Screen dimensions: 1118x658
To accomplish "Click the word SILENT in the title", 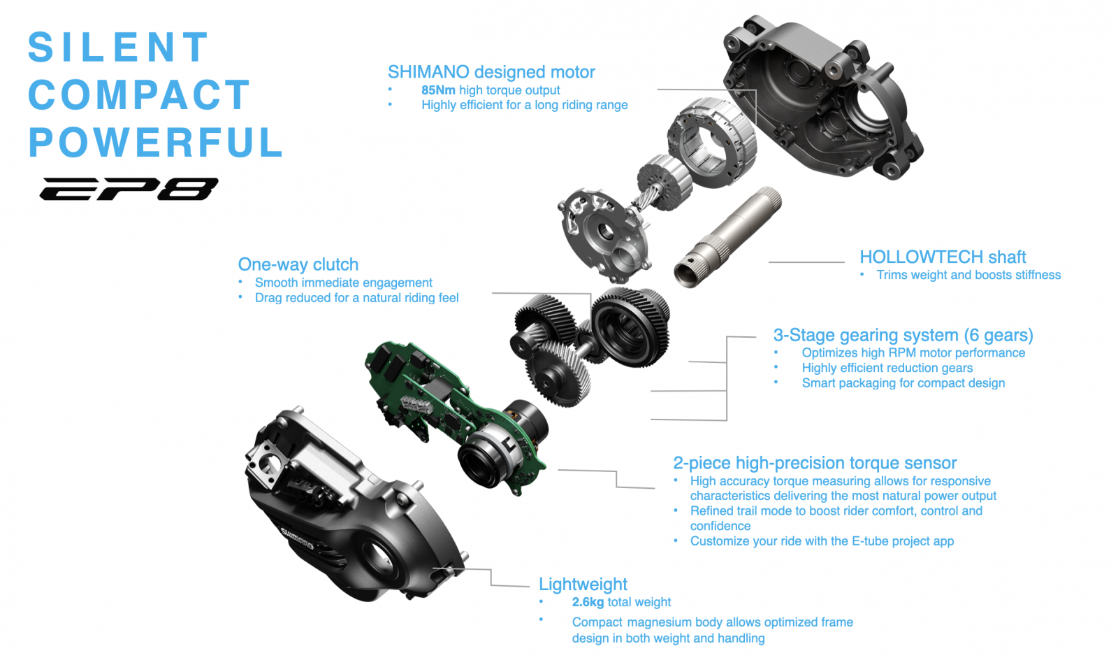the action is (118, 47).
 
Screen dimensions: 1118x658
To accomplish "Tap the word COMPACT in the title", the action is (139, 94).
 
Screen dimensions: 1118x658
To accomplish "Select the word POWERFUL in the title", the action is (156, 142).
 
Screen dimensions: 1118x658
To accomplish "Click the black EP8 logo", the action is (129, 189).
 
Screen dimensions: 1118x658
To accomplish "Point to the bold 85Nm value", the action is (438, 90).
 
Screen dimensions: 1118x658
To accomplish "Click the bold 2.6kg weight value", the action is (588, 602).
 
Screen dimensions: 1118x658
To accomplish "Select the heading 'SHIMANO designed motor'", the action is (491, 72).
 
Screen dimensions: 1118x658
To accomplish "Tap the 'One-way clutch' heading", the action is (298, 264).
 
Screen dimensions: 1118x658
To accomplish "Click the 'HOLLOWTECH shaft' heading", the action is (943, 257).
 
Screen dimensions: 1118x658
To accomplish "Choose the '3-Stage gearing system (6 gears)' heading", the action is (903, 335).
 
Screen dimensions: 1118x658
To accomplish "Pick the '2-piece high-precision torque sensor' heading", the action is (815, 463).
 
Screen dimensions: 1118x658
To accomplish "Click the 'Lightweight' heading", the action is (583, 584).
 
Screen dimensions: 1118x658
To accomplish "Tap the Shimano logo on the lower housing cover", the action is (298, 538).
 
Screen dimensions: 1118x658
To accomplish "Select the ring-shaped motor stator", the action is (712, 142).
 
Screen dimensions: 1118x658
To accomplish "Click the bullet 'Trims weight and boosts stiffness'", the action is (968, 276).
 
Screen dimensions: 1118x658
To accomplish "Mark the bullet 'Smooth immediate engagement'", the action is (343, 282).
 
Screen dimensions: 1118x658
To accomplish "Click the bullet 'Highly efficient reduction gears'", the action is (887, 369).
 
